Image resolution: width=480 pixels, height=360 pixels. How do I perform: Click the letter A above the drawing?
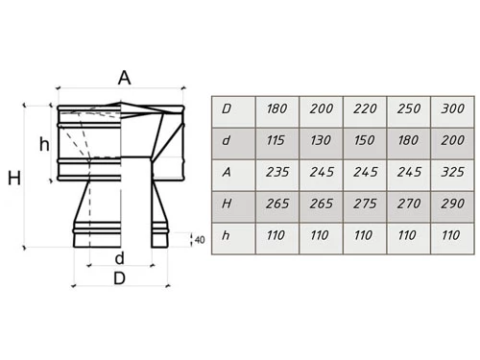(124, 78)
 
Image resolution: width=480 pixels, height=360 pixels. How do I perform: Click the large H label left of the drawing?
(14, 179)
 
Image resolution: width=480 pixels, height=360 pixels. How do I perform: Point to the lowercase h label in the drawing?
(44, 144)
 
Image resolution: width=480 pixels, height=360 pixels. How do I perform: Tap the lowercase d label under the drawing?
(119, 258)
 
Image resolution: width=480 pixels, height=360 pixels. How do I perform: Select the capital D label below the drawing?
(119, 278)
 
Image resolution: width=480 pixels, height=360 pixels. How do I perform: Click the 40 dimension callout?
(200, 240)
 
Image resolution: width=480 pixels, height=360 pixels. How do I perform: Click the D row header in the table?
(233, 111)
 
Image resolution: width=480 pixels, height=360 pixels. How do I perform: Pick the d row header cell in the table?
(233, 143)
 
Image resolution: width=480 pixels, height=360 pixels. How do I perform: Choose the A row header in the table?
(233, 175)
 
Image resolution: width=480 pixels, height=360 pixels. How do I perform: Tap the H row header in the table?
(233, 206)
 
